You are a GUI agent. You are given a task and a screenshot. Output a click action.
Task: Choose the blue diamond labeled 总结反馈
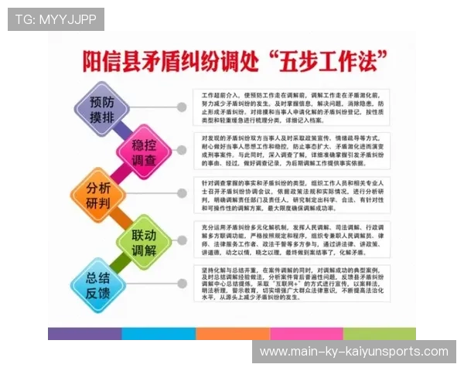coord(98,286)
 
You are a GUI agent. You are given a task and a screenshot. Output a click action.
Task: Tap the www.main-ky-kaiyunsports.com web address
coord(353,352)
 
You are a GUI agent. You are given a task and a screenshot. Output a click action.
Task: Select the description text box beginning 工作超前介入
coord(292,106)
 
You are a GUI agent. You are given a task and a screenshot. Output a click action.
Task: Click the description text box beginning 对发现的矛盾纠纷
coord(292,149)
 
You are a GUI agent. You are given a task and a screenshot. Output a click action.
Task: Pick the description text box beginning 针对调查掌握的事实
coord(292,194)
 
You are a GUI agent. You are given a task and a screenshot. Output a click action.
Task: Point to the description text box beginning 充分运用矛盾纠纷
coord(292,239)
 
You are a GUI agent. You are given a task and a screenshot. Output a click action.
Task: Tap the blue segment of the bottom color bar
coord(159,334)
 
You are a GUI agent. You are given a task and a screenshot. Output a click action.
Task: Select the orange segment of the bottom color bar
coord(232,334)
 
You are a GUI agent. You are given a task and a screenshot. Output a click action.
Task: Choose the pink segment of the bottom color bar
coord(306,334)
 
